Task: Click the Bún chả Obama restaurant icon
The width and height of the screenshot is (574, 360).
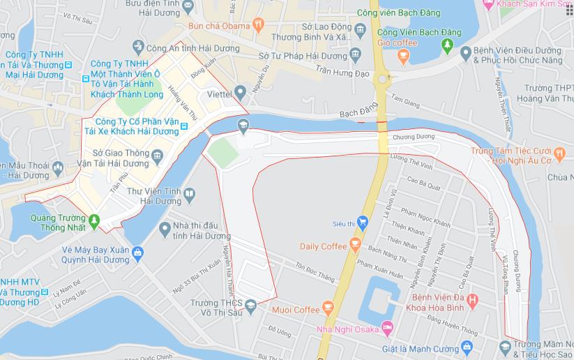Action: point(259,25)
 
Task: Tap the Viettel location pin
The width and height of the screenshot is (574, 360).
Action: point(240,92)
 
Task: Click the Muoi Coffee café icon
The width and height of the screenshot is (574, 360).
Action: point(326,309)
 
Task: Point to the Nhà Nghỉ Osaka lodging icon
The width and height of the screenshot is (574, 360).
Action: point(388,328)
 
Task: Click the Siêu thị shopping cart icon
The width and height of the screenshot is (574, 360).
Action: point(362,223)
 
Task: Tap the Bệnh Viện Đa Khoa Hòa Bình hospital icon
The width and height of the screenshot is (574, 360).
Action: point(472,301)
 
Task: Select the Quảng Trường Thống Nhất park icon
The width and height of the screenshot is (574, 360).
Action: point(96,222)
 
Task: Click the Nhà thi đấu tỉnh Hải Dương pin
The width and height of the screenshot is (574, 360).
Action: point(165,228)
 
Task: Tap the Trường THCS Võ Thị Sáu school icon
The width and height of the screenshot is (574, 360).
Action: point(251,303)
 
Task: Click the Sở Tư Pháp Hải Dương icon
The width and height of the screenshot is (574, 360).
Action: point(356,54)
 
